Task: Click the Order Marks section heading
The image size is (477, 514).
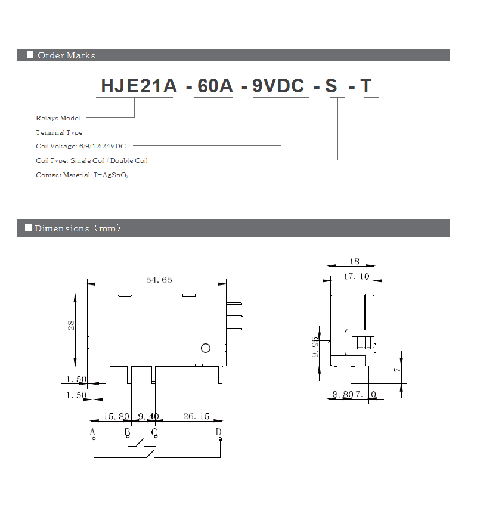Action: coord(66,55)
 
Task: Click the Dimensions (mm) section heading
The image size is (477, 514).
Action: coord(78,228)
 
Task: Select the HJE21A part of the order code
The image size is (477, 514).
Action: coord(139,86)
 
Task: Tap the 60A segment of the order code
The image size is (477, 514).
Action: coord(215,86)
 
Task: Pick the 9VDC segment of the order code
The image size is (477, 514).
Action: coord(278,86)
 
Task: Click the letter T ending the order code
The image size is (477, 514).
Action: coord(366,86)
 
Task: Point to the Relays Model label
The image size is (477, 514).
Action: coord(58,118)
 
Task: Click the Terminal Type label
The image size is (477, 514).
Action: coord(59,132)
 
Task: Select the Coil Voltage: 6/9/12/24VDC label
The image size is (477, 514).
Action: coord(80,146)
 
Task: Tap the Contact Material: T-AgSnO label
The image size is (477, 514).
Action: coord(82,175)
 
